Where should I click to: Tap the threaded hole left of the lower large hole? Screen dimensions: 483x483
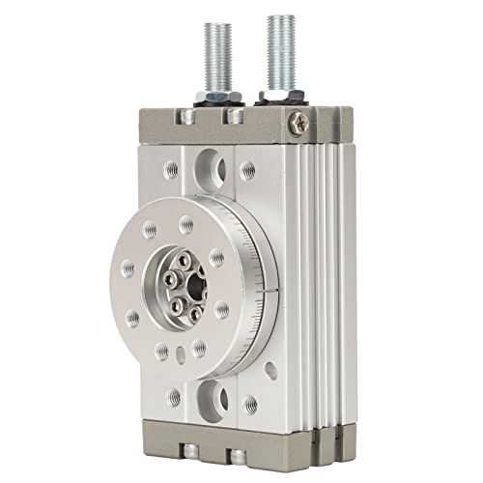pyautogui.click(x=175, y=397)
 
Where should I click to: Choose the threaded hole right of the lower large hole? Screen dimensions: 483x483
pyautogui.click(x=250, y=405)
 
